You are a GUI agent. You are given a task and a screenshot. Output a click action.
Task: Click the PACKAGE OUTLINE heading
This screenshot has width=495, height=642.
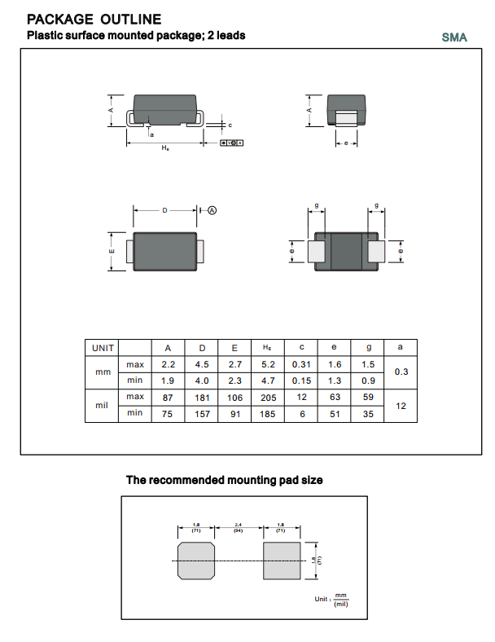(x=94, y=20)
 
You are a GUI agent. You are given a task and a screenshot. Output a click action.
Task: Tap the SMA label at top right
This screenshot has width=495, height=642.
(x=454, y=37)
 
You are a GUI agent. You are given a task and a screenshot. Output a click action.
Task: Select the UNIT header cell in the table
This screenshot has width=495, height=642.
(x=103, y=347)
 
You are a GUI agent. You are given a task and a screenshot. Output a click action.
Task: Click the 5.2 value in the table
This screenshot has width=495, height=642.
(x=268, y=364)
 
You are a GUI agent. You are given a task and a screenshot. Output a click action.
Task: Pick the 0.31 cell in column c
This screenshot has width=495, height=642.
(x=301, y=364)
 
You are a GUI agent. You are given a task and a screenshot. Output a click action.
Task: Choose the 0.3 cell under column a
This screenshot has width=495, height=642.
(x=400, y=372)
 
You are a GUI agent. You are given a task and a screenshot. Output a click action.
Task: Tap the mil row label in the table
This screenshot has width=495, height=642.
(x=103, y=405)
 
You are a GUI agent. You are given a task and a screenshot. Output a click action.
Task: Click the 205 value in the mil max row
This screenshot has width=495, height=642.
(x=268, y=398)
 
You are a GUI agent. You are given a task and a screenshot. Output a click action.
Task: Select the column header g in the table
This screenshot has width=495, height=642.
(x=368, y=347)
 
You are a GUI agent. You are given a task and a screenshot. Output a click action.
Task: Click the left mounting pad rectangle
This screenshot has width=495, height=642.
(x=195, y=561)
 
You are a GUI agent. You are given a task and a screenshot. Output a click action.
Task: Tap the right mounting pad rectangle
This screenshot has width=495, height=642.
(x=282, y=561)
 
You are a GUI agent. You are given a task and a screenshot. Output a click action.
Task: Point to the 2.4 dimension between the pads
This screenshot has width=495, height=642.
(x=239, y=525)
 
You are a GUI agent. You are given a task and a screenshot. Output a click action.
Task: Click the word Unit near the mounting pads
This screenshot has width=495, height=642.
(x=322, y=599)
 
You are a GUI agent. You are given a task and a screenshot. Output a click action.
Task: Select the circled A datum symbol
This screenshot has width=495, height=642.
(x=212, y=210)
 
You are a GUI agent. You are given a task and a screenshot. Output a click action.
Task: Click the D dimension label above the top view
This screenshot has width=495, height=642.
(x=164, y=210)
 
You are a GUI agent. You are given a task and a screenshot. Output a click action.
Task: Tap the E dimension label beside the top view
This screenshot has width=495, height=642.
(x=112, y=252)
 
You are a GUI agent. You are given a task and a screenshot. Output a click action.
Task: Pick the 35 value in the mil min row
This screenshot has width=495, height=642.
(x=368, y=414)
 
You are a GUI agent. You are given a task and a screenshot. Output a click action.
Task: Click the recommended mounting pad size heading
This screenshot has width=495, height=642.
(x=224, y=480)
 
